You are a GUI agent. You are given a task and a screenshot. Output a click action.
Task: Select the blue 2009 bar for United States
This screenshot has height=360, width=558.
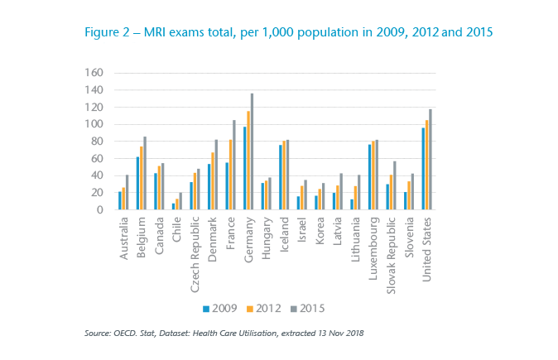pos(423,169)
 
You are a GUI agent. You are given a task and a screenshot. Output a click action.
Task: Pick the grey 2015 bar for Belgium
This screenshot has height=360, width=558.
pos(144,173)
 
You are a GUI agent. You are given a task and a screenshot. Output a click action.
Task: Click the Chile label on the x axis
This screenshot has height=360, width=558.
pos(176,228)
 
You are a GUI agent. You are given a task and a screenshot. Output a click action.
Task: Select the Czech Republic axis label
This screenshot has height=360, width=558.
pos(193,249)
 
